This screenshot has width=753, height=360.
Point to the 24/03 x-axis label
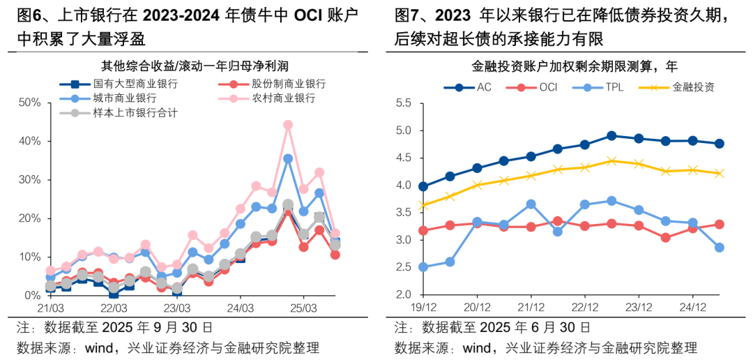239,307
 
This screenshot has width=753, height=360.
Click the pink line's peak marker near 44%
288,126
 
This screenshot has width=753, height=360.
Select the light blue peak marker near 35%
288,159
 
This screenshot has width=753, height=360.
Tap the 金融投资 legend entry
693,87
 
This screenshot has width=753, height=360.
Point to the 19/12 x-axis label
423,307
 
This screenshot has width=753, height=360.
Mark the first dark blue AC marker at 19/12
423,186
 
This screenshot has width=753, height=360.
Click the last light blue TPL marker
719,247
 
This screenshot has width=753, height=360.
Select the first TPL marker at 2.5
423,267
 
